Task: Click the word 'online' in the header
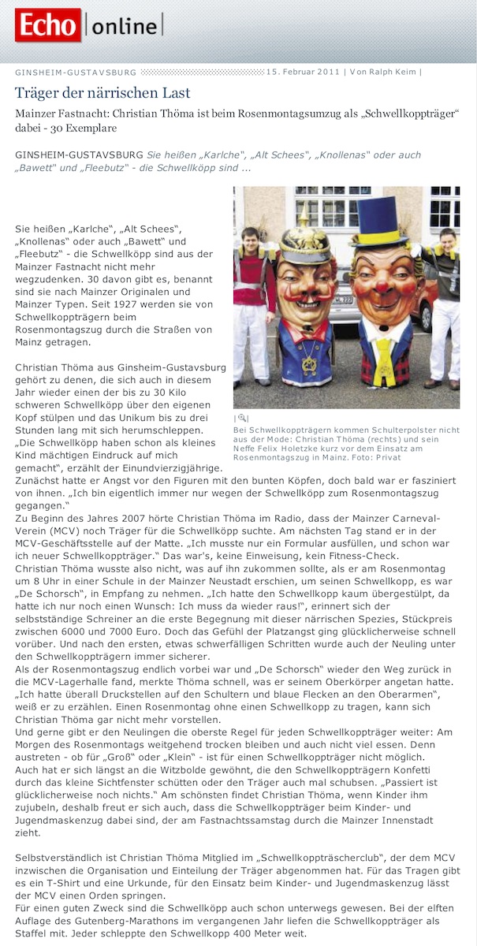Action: pos(125,27)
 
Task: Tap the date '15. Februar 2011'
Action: pos(304,73)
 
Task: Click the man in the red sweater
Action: pos(250,292)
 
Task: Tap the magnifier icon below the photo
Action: pos(241,418)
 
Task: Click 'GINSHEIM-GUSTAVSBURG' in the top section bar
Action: pos(76,73)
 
